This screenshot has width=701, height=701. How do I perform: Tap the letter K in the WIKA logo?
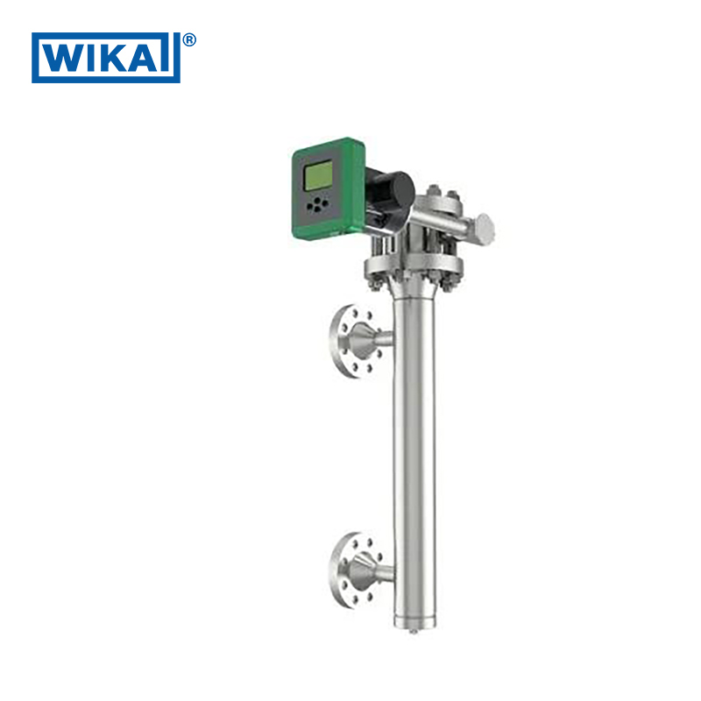pyautogui.click(x=114, y=58)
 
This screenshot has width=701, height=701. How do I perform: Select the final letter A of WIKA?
pyautogui.click(x=147, y=58)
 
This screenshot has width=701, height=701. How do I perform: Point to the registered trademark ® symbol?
pyautogui.click(x=189, y=39)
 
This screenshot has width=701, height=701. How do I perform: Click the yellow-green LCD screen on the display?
pyautogui.click(x=318, y=174)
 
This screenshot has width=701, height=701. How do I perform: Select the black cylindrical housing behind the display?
pyautogui.click(x=390, y=191)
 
